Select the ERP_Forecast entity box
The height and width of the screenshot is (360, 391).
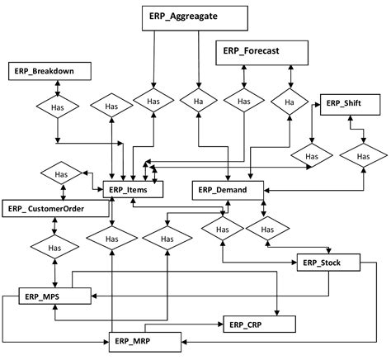tap(260, 52)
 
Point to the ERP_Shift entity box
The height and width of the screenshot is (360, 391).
tap(350, 105)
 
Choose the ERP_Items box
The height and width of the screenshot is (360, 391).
tap(132, 189)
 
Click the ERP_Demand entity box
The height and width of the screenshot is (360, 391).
tap(228, 189)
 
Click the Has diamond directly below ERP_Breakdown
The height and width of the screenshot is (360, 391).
tap(56, 107)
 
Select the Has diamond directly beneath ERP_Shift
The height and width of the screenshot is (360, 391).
tap(364, 154)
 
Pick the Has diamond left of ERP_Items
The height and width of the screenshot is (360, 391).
tap(60, 174)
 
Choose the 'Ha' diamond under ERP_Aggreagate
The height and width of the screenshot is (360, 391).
tap(197, 102)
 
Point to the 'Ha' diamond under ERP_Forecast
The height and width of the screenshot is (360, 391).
tap(290, 102)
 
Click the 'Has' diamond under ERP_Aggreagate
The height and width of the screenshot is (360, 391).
tap(153, 102)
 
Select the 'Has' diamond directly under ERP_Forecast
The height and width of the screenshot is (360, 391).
tap(244, 102)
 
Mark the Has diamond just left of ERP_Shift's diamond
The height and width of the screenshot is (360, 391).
tap(311, 155)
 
